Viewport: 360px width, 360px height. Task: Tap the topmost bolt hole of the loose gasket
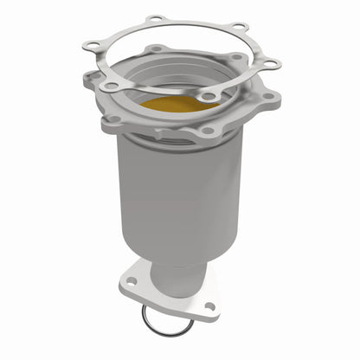pyautogui.click(x=155, y=18)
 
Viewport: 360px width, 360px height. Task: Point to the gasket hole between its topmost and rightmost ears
pyautogui.click(x=237, y=27)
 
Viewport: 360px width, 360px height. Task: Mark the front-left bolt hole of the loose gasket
pyautogui.click(x=107, y=86)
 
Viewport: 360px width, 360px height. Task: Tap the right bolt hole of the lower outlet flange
pyautogui.click(x=209, y=305)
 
